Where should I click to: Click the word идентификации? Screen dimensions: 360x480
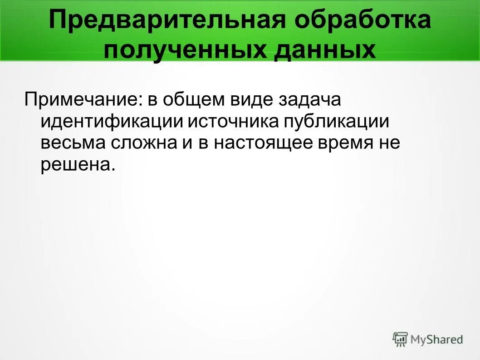click(x=112, y=121)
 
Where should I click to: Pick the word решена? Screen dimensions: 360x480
click(x=74, y=164)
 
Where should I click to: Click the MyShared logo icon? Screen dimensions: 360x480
click(x=400, y=339)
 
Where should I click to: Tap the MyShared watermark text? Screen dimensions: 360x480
click(x=436, y=339)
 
